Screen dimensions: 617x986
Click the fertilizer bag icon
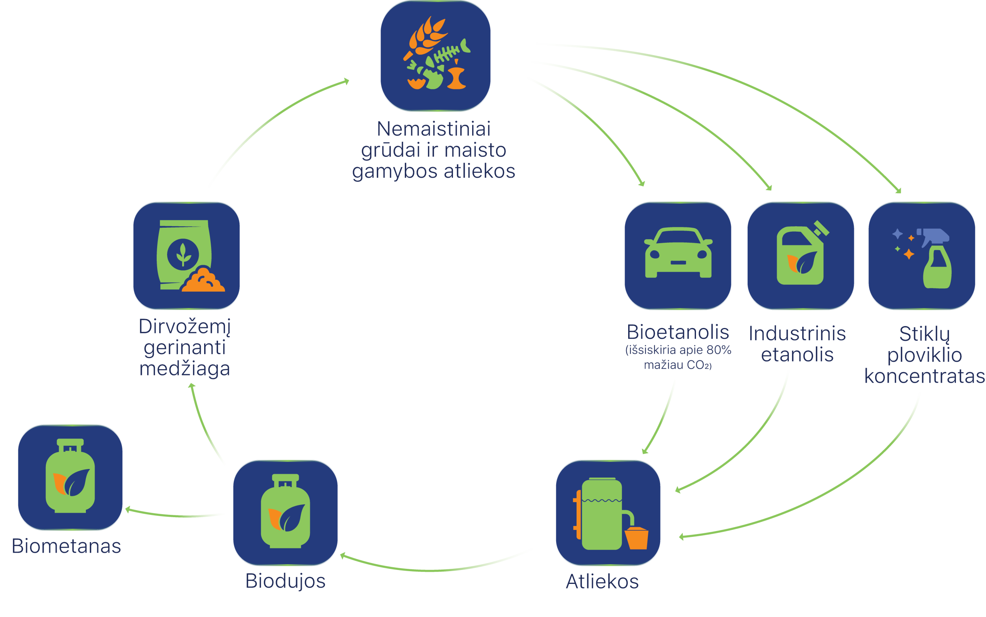coord(184,255)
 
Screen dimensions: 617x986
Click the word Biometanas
coord(67,546)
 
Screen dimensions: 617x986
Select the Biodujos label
coord(285,581)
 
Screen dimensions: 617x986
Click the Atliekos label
coord(602,581)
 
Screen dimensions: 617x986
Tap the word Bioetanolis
coord(677,332)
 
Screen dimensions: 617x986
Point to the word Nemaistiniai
coord(433,129)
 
